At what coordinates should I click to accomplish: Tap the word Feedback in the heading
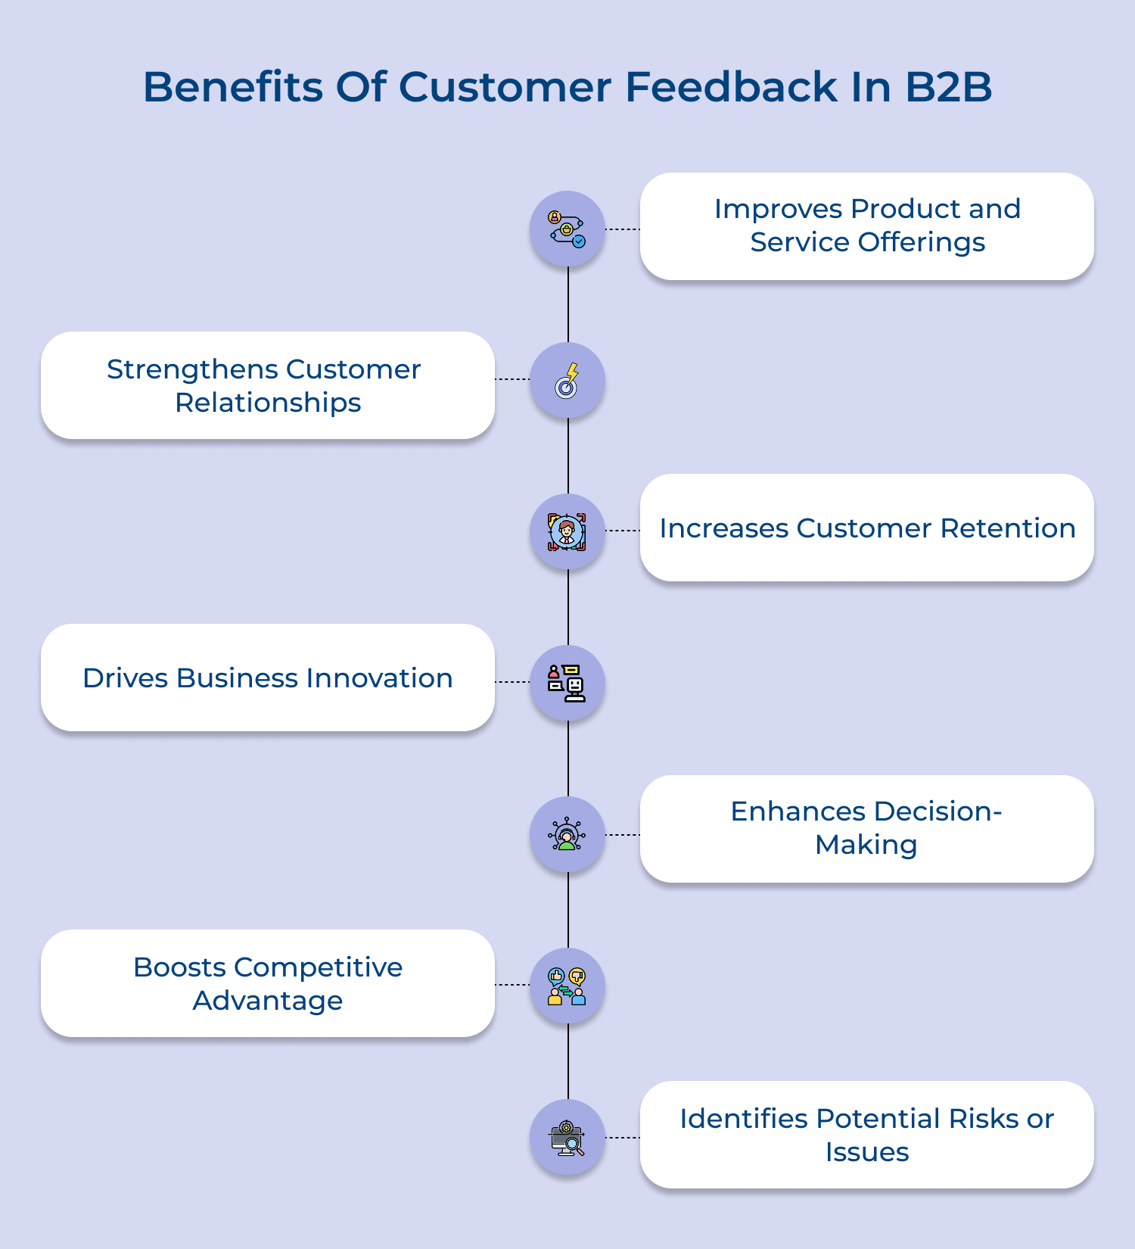pos(731,87)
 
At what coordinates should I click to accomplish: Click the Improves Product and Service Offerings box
pos(866,226)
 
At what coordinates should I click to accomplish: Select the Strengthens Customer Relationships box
pos(267,385)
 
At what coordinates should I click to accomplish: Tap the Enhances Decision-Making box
pos(866,828)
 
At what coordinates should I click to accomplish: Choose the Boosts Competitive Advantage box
pos(267,983)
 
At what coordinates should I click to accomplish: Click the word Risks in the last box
pos(980,1119)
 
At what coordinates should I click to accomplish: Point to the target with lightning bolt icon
pos(567,380)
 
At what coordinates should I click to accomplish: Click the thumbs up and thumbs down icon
pos(567,986)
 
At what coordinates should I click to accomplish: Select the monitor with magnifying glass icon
pos(567,1137)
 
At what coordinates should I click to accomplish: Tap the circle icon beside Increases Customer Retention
pos(567,531)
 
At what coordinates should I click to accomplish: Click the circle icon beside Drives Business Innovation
pos(567,683)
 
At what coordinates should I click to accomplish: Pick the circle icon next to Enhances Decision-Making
pos(567,834)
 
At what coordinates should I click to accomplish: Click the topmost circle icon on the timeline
pos(567,229)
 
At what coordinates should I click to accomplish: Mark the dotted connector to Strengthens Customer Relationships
pos(512,379)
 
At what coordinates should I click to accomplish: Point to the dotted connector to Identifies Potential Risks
pos(623,1137)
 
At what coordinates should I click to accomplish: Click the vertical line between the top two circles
pos(568,304)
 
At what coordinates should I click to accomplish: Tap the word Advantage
pos(267,1001)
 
